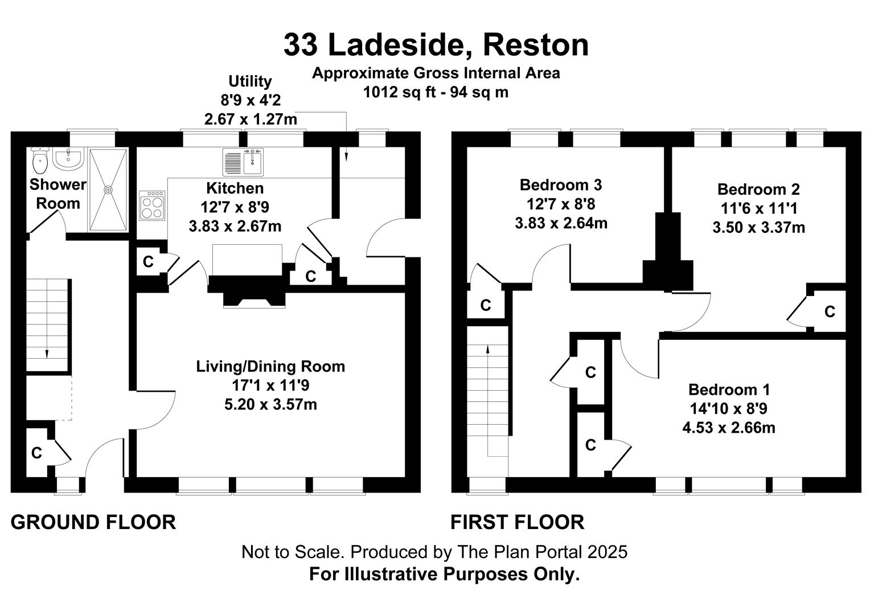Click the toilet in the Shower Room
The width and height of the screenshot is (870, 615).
coord(39,162)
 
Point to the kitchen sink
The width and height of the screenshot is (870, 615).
coord(243,161)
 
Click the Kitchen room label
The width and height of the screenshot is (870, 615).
coord(235,188)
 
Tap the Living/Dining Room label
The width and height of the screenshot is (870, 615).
coord(270,366)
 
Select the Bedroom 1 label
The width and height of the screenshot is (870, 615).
coord(729,389)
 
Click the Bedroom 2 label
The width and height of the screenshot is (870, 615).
coord(758,189)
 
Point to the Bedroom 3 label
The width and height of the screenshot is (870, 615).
coord(561,184)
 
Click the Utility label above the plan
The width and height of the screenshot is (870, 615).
coord(250,81)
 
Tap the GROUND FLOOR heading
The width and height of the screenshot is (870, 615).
coord(93,522)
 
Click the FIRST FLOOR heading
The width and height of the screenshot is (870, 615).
coord(517,522)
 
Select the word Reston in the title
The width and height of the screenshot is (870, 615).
coord(536,45)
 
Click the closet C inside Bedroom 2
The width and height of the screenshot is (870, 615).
coord(830,311)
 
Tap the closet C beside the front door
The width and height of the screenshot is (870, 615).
coord(36,453)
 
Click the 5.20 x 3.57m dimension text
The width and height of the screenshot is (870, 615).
coord(270,404)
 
